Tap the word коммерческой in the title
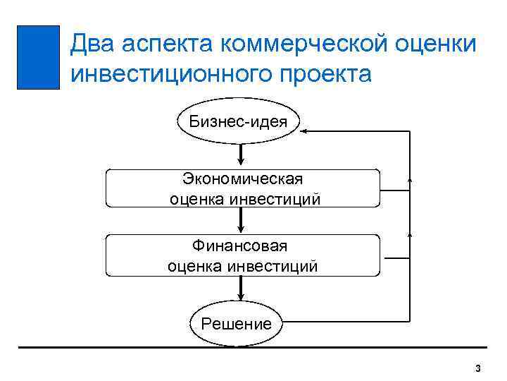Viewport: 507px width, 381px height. coord(299,44)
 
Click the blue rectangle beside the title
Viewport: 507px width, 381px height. coord(38,57)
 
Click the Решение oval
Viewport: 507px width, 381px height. coord(236,324)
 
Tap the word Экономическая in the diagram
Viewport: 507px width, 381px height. coord(242,179)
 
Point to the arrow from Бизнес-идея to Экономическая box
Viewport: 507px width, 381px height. coord(242,155)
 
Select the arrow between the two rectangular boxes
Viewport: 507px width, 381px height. coord(242,222)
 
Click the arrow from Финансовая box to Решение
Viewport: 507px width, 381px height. coord(242,289)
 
